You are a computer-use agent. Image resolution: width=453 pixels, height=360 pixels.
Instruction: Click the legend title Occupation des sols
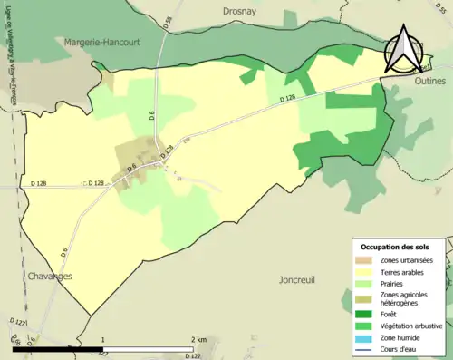[x=400, y=247]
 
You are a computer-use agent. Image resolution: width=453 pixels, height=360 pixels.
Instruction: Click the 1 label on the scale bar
[x=103, y=340]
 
